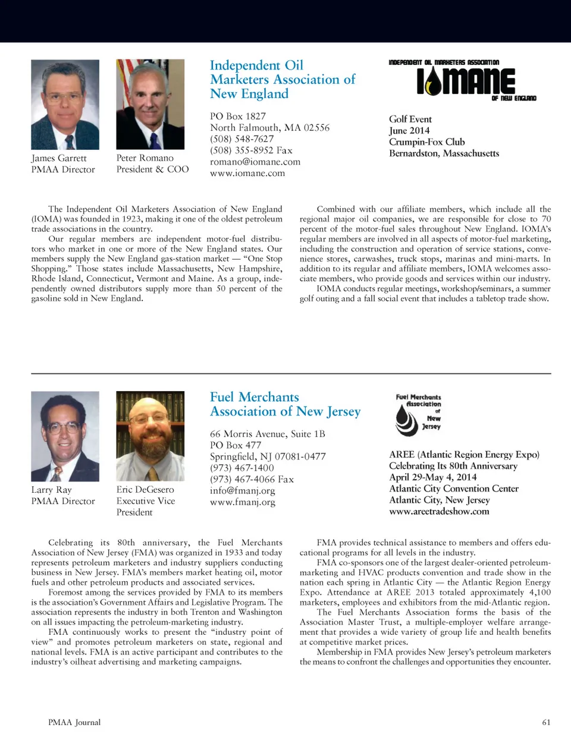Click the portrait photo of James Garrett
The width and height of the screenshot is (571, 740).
[x=65, y=104]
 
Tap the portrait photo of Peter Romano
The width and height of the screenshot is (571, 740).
[x=150, y=104]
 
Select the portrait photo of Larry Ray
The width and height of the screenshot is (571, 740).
[x=65, y=436]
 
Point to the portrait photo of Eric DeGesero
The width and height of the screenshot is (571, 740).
[x=150, y=436]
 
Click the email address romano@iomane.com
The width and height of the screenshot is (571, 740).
[x=255, y=162]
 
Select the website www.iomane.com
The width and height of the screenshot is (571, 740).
[x=247, y=173]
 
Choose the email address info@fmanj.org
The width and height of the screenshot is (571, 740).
[x=242, y=490]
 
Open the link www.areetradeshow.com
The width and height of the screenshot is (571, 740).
[x=439, y=511]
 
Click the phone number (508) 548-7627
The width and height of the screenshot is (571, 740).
[x=241, y=138]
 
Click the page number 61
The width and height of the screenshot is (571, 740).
[x=546, y=722]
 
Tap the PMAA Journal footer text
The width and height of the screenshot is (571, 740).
[x=74, y=722]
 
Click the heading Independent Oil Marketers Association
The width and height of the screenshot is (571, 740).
[x=282, y=79]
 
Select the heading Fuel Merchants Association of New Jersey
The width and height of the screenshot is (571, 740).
[x=285, y=404]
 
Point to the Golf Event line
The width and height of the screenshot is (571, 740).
[x=410, y=119]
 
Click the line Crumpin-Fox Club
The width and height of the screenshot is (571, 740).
[x=426, y=141]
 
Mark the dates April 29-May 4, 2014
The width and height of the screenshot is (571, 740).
[x=432, y=477]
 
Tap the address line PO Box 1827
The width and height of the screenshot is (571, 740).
[x=237, y=116]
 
